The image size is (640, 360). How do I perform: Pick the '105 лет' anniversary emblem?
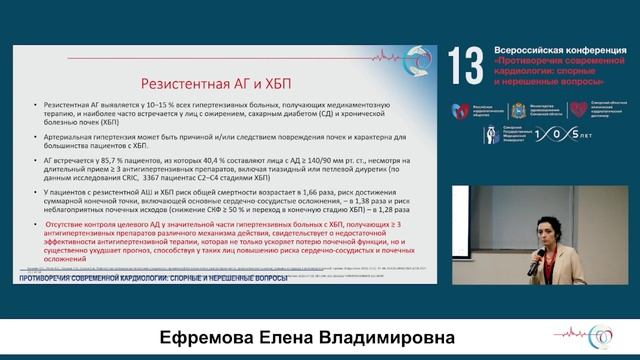pos(556,134)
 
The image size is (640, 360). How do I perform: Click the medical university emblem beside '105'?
pos(491,134)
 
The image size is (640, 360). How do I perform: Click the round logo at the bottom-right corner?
pos(603,336)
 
